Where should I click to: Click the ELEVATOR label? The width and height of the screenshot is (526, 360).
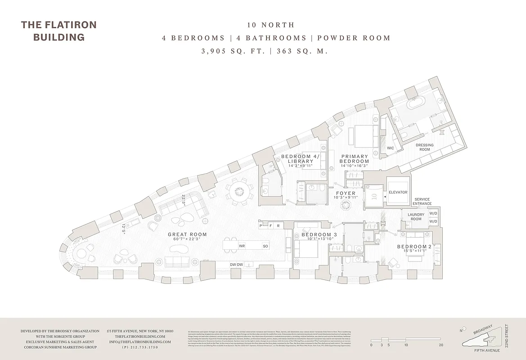pos(398,193)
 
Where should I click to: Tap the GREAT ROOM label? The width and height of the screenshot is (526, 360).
pos(187,234)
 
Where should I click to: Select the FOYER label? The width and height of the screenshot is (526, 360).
pos(346,193)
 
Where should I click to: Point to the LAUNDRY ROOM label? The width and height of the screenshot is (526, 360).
pos(416,217)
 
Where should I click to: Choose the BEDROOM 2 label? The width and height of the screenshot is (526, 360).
pos(414,247)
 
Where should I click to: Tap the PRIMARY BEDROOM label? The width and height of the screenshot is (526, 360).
pos(355,159)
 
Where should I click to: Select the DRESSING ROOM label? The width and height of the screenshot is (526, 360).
pos(424,147)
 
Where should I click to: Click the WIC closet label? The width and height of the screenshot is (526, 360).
pos(391,148)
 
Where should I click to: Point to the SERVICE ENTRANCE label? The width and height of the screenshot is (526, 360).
pos(423,202)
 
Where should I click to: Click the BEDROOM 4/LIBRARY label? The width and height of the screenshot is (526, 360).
pos(297,159)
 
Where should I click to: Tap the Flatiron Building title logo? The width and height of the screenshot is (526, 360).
pos(58,31)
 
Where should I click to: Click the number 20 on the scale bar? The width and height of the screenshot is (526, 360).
pos(441,345)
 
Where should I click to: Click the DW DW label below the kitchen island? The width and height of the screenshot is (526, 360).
pos(237,265)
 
